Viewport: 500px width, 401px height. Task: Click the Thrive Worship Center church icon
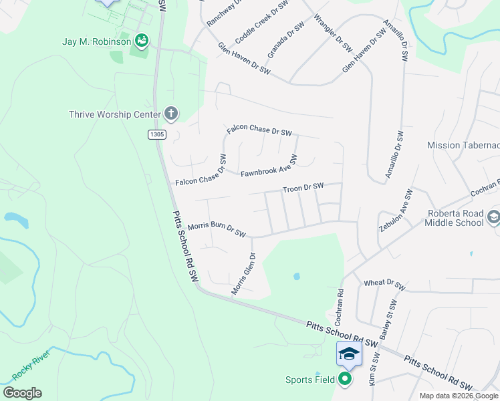(x=170, y=114)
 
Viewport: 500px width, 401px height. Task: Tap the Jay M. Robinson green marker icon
(x=141, y=41)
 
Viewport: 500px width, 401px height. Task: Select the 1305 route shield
(x=156, y=135)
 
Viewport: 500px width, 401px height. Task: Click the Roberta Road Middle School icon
(x=493, y=217)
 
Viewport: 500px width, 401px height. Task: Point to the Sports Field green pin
(x=345, y=380)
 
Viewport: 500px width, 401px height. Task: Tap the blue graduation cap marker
(x=349, y=353)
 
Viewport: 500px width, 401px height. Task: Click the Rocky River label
(x=31, y=367)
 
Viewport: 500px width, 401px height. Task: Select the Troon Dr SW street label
(x=303, y=188)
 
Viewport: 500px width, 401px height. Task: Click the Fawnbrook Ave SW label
(x=269, y=166)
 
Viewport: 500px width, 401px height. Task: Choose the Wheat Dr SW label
(x=384, y=285)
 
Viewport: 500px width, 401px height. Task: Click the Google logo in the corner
(x=23, y=393)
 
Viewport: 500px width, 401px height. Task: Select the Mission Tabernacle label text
(x=463, y=145)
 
